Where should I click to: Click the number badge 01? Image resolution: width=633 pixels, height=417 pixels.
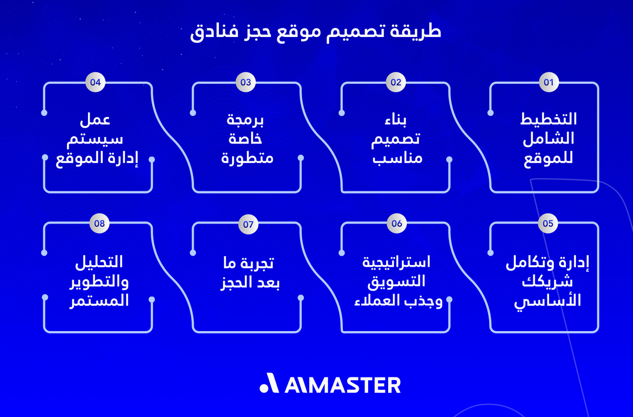pyautogui.click(x=548, y=82)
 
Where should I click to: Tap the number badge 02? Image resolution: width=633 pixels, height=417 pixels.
pyautogui.click(x=396, y=82)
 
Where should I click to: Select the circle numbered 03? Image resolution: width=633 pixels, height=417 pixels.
pyautogui.click(x=246, y=82)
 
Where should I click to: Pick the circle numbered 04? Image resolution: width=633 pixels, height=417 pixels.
pyautogui.click(x=95, y=82)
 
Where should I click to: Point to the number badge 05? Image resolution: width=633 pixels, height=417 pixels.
pyautogui.click(x=548, y=224)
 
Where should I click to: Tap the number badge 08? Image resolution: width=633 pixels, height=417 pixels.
pyautogui.click(x=99, y=224)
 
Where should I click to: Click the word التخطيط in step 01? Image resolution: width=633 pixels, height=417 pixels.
pyautogui.click(x=549, y=119)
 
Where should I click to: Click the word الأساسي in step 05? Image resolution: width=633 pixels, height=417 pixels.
pyautogui.click(x=549, y=300)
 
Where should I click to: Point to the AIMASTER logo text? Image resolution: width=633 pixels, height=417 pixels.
pyautogui.click(x=342, y=384)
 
